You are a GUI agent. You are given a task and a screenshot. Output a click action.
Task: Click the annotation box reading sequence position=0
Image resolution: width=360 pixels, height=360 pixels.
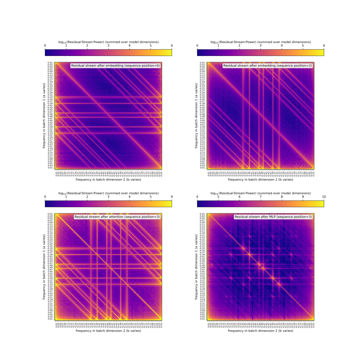(x=116, y=66)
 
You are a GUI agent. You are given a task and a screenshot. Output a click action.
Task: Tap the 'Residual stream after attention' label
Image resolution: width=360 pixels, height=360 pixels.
(x=117, y=217)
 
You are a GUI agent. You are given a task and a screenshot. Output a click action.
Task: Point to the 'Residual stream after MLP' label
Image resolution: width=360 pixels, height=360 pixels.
(x=273, y=217)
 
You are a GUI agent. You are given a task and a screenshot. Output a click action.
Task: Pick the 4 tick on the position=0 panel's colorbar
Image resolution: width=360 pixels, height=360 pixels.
(x=129, y=46)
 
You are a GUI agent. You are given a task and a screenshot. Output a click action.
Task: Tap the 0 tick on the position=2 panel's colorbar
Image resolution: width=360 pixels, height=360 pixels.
(x=197, y=46)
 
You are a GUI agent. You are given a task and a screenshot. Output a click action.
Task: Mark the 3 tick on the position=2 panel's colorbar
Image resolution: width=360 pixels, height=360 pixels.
(x=261, y=46)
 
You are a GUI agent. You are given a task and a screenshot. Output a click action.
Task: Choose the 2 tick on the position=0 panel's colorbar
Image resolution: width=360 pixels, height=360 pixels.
(x=87, y=46)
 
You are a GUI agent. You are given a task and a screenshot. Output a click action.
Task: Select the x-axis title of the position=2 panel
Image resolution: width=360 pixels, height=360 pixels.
(x=261, y=180)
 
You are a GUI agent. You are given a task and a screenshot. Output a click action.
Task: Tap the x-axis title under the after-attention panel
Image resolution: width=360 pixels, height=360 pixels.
(x=108, y=331)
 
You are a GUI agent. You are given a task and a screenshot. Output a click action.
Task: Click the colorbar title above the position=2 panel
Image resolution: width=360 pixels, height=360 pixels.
(x=261, y=42)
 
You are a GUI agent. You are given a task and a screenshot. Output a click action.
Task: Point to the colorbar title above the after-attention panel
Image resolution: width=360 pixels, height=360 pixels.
(x=108, y=193)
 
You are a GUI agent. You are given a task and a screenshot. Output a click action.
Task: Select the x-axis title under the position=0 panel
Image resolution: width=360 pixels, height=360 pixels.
(x=108, y=180)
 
